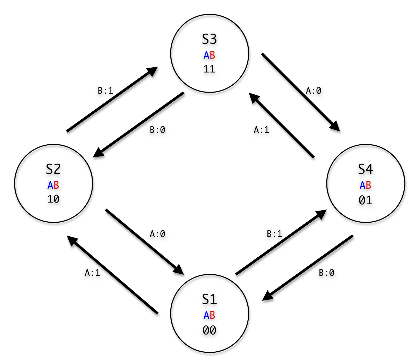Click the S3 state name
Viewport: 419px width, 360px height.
pos(209,39)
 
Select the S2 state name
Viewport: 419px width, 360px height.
pos(53,169)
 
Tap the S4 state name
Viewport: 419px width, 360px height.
pos(366,169)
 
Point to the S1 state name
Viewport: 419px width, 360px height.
pos(209,299)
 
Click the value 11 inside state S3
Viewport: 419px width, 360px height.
pos(209,69)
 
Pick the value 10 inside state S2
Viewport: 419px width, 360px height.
pos(53,199)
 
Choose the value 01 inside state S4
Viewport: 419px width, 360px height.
pos(365,200)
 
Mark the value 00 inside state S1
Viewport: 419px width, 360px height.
pos(209,331)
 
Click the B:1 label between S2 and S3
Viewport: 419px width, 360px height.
pos(105,91)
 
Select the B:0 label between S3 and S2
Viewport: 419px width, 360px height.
pos(157,130)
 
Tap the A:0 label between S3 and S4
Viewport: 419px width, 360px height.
pos(314,91)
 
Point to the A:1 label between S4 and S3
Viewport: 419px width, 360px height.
pos(262,130)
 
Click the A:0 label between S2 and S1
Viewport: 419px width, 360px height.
pos(157,234)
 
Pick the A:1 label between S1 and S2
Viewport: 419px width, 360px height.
pos(92,273)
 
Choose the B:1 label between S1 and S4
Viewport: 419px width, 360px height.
pos(274,234)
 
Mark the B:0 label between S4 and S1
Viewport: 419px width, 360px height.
pos(326,273)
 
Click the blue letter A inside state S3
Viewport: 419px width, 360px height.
pos(206,55)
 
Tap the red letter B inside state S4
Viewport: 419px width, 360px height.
pos(368,185)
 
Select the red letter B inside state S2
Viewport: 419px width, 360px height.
pos(56,185)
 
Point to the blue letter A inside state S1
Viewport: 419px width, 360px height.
pos(206,315)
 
